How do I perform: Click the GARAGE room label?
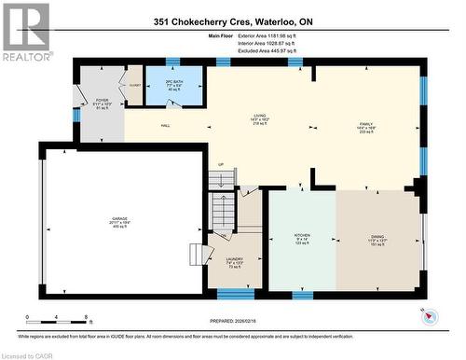click(x=116, y=223)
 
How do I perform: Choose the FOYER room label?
click(x=103, y=102)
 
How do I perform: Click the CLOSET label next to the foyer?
click(x=134, y=83)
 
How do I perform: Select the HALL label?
click(x=164, y=125)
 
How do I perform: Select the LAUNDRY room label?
click(x=234, y=263)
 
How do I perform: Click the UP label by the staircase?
click(x=220, y=166)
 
